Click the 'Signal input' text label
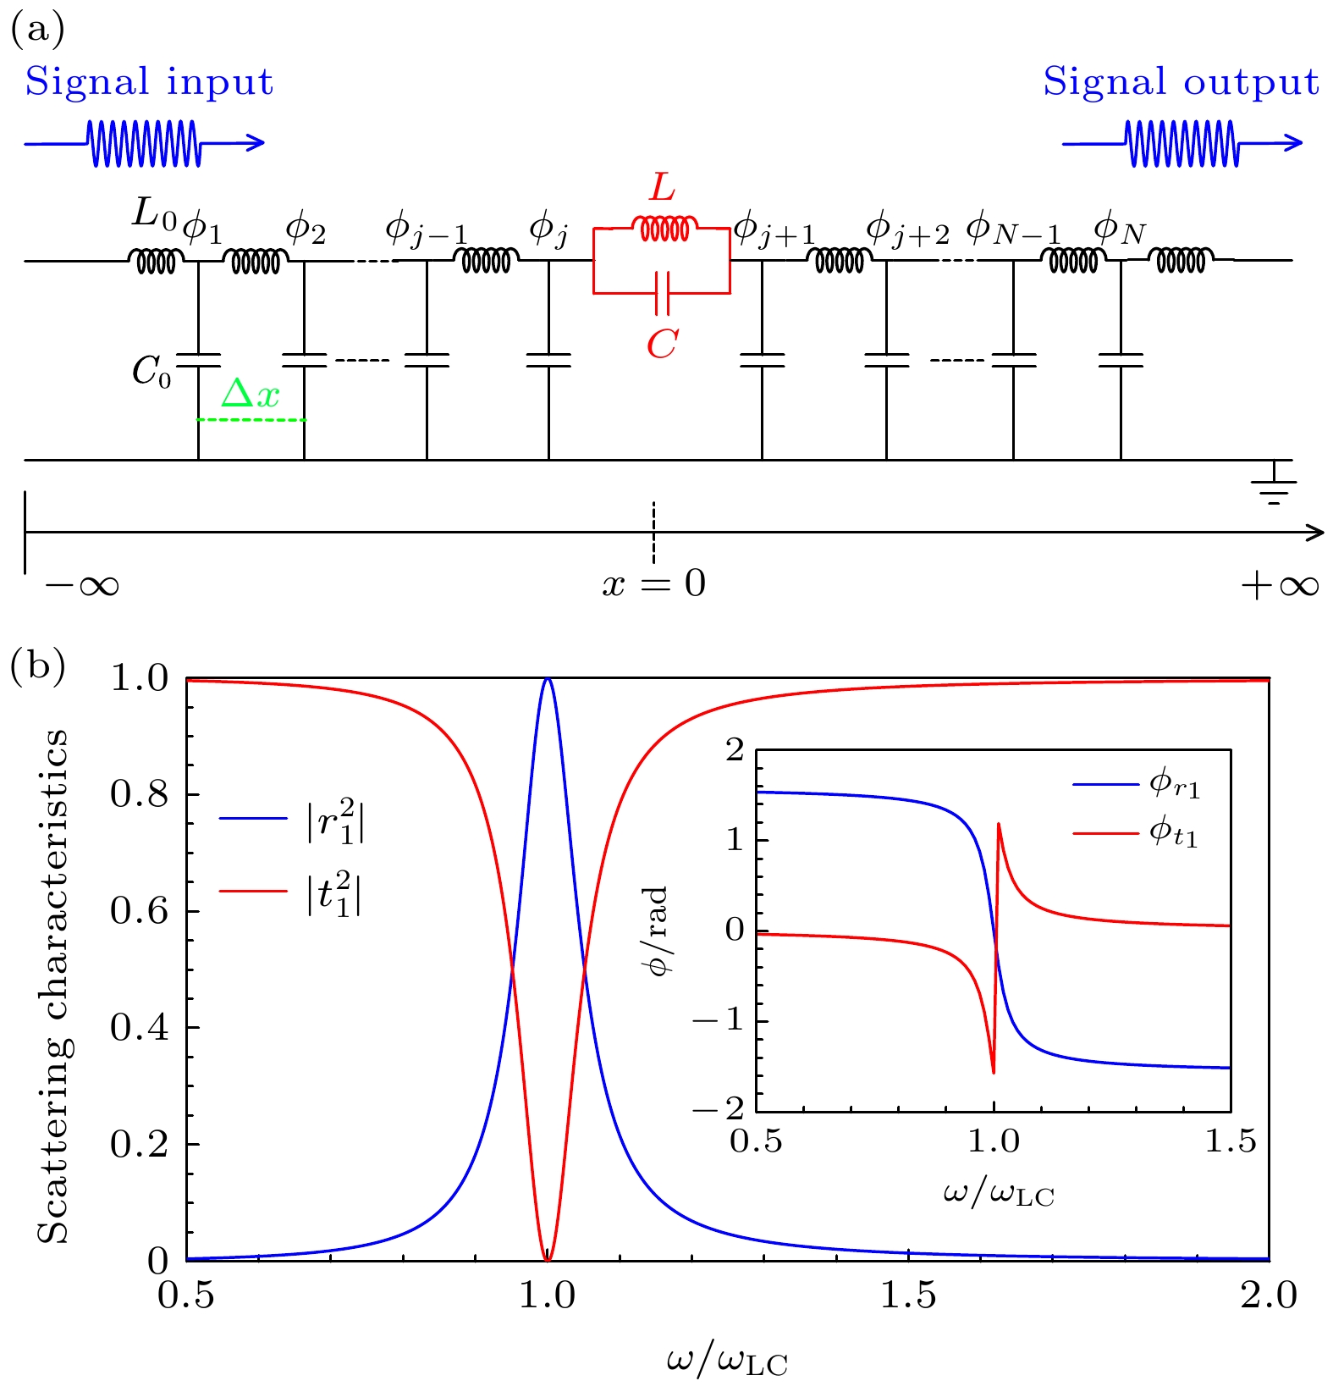[x=149, y=82]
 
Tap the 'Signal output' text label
[x=1181, y=82]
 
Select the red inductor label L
[x=662, y=188]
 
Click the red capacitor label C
[x=662, y=344]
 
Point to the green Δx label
[x=250, y=395]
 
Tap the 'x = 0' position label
[x=653, y=584]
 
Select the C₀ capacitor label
[x=151, y=371]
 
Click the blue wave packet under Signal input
[x=144, y=143]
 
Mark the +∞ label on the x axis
[x=1279, y=586]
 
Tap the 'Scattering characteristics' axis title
[x=53, y=986]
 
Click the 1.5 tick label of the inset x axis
[x=1230, y=1141]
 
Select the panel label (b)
[x=37, y=667]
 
